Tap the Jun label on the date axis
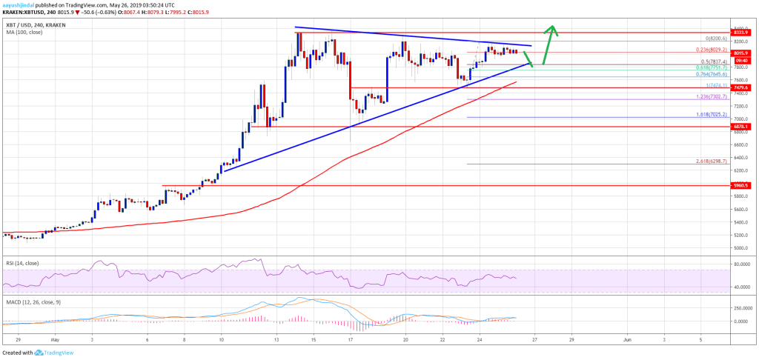(x=627, y=340)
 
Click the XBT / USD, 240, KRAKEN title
(x=30, y=11)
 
